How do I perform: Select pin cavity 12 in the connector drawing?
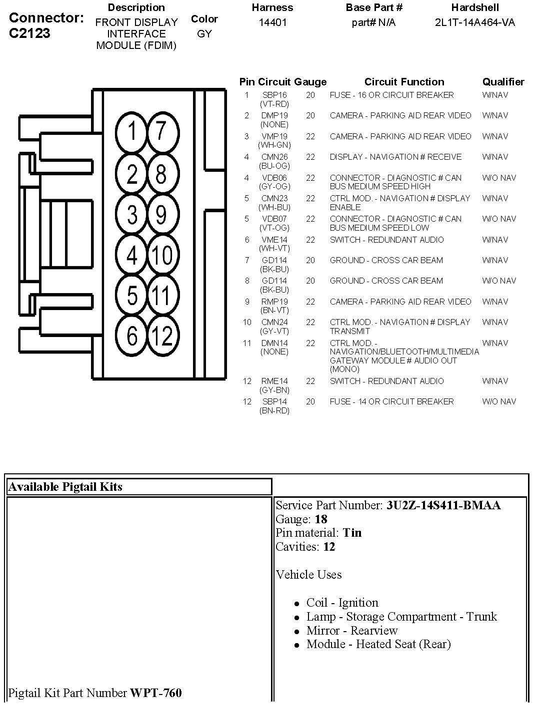point(161,336)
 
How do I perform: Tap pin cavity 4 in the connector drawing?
point(132,255)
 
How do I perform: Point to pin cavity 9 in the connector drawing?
point(161,214)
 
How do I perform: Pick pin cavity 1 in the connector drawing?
point(132,132)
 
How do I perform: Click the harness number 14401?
point(272,22)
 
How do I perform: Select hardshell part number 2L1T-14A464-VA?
point(474,22)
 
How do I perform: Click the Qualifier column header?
point(503,82)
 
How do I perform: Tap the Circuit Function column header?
point(404,82)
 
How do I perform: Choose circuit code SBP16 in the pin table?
point(274,95)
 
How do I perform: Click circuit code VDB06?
point(274,178)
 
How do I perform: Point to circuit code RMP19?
point(274,302)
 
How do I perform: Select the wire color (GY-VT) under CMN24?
point(274,331)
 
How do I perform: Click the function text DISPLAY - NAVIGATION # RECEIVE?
point(395,157)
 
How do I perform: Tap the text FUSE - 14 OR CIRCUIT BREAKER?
point(391,401)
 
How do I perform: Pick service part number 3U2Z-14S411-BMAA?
point(443,505)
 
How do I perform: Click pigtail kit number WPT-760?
point(156,693)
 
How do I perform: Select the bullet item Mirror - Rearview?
point(352,631)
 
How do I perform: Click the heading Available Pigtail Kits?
point(65,487)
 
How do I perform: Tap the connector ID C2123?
point(29,33)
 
